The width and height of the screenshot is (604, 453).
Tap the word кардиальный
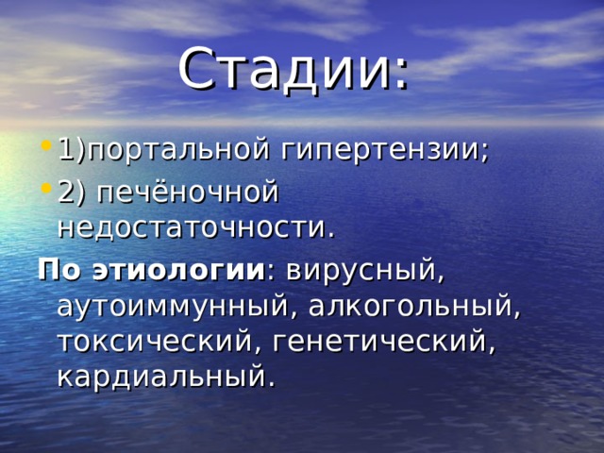tap(160, 377)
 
